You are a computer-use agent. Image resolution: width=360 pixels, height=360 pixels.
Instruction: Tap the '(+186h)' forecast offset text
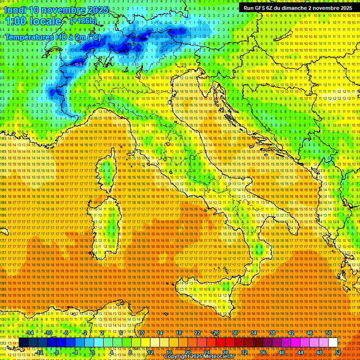point(83,21)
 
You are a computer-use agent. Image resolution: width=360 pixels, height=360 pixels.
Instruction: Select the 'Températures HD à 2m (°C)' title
point(52,37)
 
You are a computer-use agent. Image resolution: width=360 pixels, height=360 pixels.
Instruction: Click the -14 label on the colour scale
point(30,333)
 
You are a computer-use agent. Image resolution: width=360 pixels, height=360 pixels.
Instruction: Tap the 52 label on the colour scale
point(338,352)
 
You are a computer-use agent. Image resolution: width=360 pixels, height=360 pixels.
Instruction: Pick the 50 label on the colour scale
point(329,333)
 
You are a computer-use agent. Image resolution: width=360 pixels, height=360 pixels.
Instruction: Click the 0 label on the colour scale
point(93,352)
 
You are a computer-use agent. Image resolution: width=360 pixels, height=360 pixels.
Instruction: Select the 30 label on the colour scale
point(235,333)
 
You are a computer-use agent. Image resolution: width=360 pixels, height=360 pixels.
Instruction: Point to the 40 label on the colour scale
point(282,352)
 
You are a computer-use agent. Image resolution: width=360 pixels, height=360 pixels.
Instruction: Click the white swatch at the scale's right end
point(333,343)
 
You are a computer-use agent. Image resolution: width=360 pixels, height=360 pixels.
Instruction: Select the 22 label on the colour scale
point(197,333)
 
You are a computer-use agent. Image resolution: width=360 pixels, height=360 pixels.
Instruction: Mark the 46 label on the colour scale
point(310,333)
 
